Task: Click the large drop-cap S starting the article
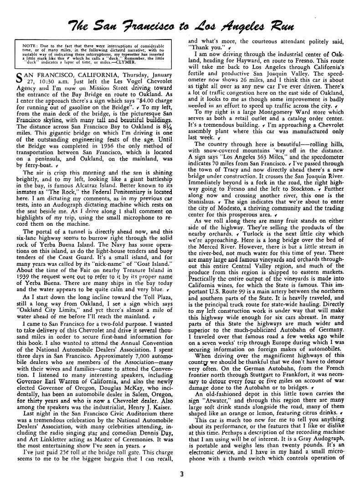click(19, 76)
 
